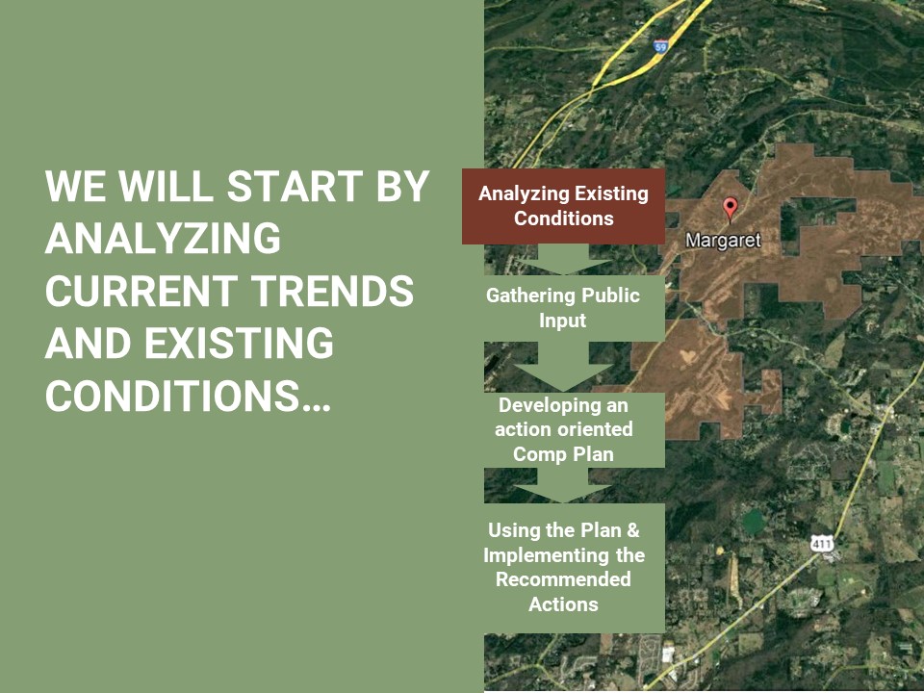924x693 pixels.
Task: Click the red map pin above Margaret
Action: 731,209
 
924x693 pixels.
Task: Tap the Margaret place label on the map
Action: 724,241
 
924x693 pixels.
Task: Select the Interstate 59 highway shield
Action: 661,46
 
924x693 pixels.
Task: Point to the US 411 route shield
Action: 821,543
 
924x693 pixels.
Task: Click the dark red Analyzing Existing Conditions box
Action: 563,206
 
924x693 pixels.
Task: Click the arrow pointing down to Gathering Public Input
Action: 563,259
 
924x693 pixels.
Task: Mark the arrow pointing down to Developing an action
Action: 563,367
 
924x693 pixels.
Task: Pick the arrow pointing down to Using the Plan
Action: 563,485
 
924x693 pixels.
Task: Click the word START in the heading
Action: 295,186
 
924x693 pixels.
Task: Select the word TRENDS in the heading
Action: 332,291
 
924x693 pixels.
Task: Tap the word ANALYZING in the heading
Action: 163,238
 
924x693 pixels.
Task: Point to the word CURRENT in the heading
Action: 141,291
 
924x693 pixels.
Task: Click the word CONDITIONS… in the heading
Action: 188,395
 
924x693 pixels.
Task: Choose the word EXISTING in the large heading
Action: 240,343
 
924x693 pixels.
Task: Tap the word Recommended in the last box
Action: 563,579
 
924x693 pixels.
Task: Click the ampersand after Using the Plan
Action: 633,530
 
